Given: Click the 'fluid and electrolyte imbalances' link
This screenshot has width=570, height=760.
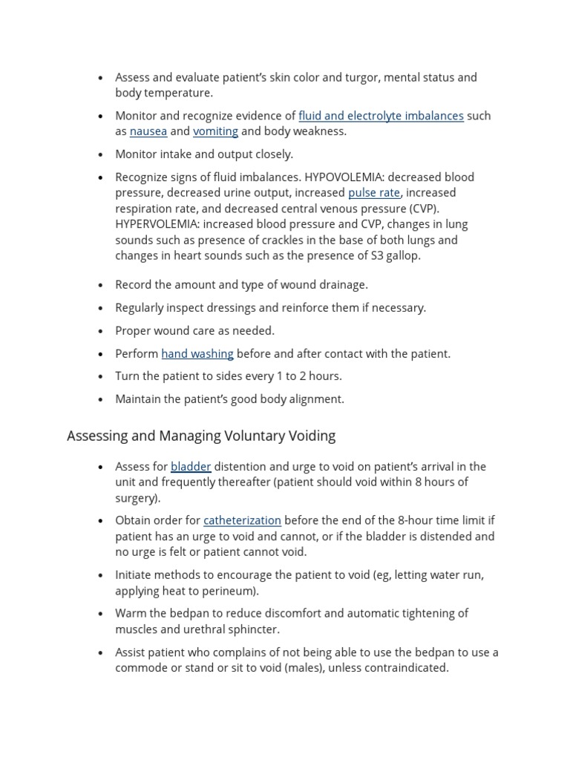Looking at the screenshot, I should pyautogui.click(x=381, y=116).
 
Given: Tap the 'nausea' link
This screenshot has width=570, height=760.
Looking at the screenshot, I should pyautogui.click(x=148, y=131).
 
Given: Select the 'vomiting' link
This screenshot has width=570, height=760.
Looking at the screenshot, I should pyautogui.click(x=215, y=131).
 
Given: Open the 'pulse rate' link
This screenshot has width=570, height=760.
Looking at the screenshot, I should pyautogui.click(x=374, y=193).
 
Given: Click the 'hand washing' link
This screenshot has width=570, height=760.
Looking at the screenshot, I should pyautogui.click(x=197, y=354).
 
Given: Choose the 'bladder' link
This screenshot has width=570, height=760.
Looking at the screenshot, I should pyautogui.click(x=191, y=467).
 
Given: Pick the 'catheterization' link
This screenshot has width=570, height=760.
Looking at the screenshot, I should pyautogui.click(x=242, y=521).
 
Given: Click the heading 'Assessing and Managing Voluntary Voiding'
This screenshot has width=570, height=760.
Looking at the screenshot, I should pyautogui.click(x=201, y=436).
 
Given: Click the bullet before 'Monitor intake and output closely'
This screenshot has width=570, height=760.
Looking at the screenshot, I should pyautogui.click(x=101, y=155).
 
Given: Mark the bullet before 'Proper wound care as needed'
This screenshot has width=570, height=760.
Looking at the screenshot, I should pyautogui.click(x=101, y=332).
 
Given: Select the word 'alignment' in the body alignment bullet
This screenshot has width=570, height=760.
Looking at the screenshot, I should pyautogui.click(x=316, y=399).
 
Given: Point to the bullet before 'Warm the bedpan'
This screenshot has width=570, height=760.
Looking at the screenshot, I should pyautogui.click(x=101, y=615).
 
